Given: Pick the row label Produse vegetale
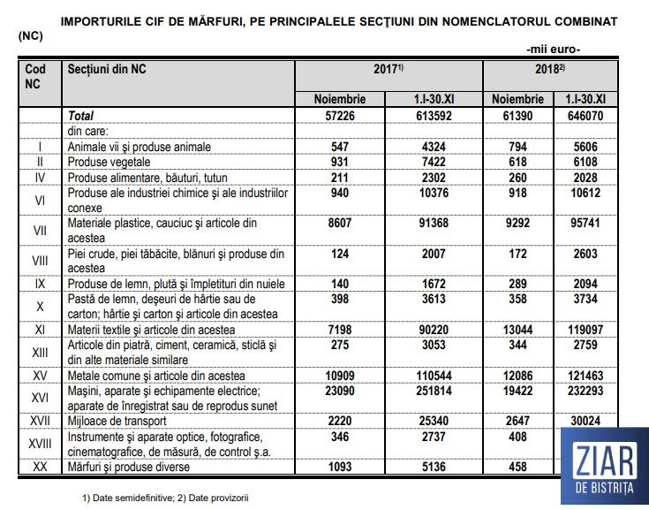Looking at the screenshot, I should point(110,162).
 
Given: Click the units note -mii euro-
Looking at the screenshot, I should point(553,49).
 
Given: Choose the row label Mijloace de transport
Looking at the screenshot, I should point(120,422).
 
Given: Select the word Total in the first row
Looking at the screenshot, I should point(80,116).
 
